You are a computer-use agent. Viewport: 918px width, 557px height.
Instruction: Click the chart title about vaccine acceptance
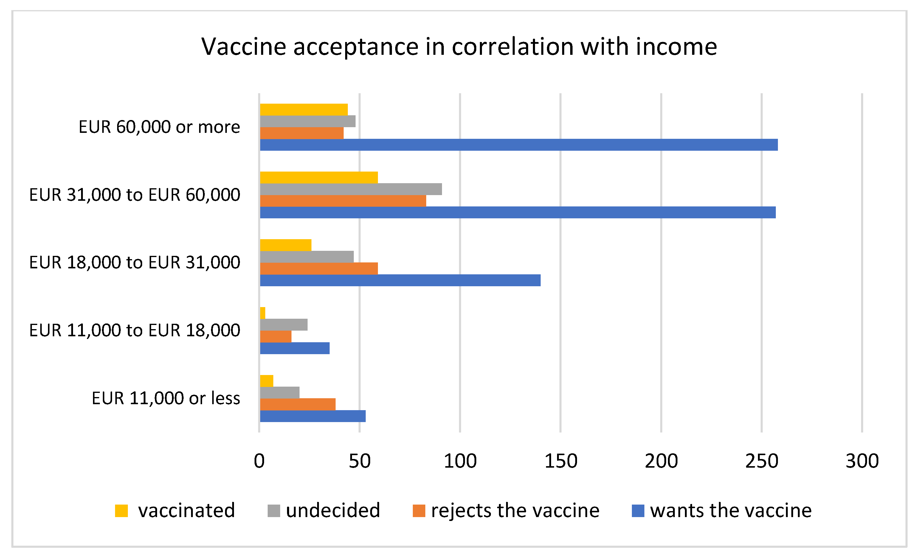pos(459,47)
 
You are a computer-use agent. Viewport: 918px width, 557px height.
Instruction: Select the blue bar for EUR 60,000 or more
pos(519,145)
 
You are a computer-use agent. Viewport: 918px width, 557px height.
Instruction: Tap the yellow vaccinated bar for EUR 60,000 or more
pos(304,110)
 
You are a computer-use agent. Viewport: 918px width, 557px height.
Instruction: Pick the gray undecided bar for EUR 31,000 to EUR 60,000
pos(351,189)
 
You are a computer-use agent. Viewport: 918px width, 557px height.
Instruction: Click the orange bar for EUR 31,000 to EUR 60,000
pos(343,201)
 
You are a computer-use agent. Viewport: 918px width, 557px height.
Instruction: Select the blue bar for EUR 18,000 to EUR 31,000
pos(400,280)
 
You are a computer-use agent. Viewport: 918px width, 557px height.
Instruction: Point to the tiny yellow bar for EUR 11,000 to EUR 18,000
pos(263,313)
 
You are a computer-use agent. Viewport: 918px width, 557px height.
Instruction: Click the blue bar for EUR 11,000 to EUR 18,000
pos(295,348)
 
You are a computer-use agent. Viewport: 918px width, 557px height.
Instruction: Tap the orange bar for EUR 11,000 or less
pos(298,404)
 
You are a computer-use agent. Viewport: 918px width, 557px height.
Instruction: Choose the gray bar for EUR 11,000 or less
pos(280,393)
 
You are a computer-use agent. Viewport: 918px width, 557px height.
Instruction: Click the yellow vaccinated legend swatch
pos(122,511)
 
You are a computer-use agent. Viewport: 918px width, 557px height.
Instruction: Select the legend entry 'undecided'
pos(333,511)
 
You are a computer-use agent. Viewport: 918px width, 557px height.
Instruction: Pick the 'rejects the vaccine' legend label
pos(515,511)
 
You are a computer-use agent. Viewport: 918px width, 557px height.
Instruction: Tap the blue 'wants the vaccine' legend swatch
pos(638,511)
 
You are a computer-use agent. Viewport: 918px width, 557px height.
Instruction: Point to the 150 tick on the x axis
pos(561,461)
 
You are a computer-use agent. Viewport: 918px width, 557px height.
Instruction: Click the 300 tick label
pos(862,461)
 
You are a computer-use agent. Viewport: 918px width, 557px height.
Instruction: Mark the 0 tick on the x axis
pos(259,461)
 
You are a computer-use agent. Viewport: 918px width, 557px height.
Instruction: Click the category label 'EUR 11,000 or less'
pos(166,399)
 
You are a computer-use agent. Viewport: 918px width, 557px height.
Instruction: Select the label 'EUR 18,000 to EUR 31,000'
pos(134,262)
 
